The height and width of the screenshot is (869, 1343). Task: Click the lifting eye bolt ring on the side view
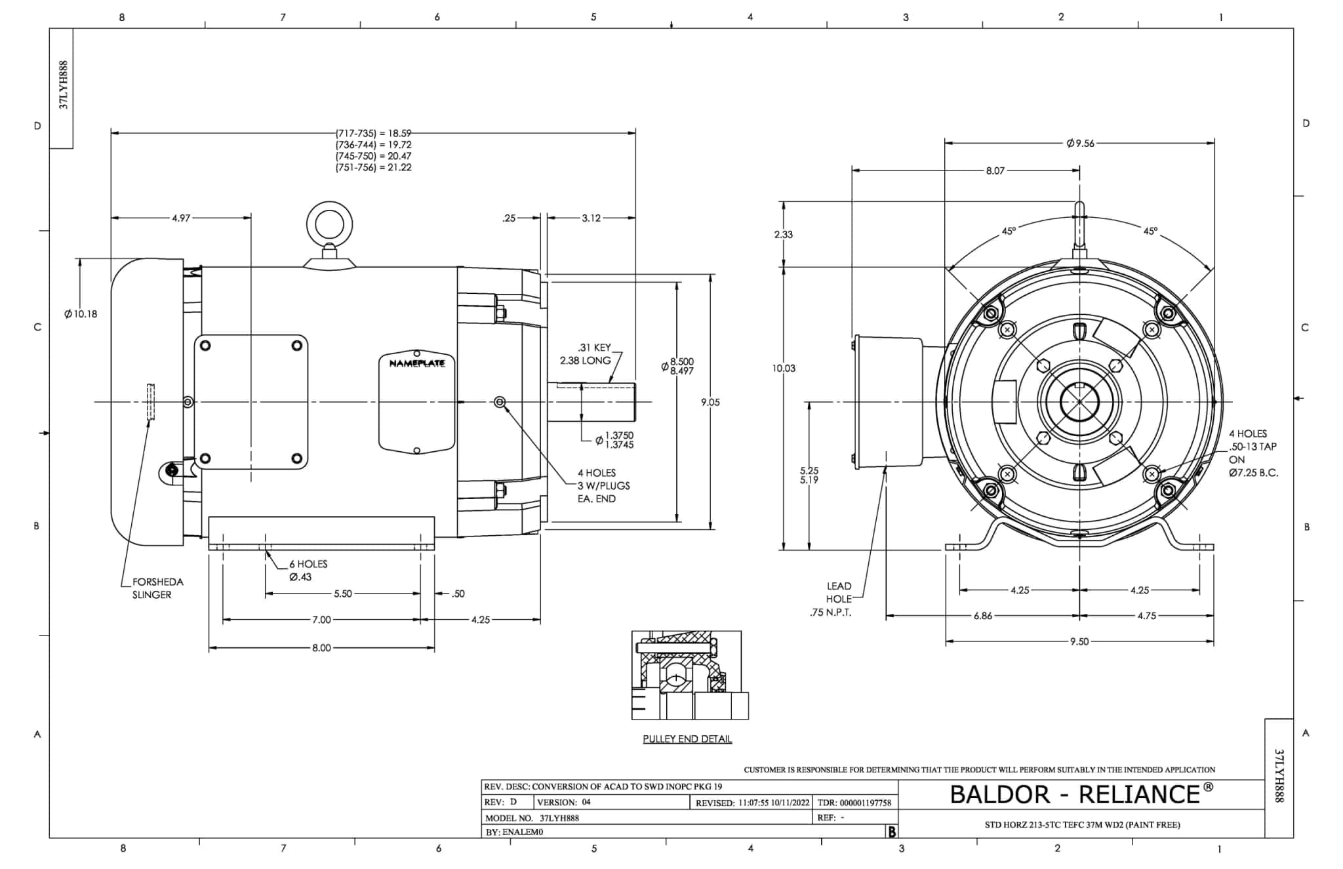329,224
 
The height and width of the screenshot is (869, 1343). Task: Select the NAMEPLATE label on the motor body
417,363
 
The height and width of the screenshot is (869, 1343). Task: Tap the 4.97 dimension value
181,218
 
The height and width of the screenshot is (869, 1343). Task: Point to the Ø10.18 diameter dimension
81,314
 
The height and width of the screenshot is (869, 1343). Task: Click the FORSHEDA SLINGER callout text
157,588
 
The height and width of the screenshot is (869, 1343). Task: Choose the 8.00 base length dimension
321,648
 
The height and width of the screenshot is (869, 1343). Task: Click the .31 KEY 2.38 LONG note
586,354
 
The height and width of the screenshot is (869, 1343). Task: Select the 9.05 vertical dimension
710,402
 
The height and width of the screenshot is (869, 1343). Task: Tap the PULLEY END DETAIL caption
687,739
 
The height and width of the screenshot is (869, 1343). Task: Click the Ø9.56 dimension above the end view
1080,143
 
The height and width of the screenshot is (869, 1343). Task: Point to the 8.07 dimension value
995,171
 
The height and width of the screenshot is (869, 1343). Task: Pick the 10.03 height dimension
784,369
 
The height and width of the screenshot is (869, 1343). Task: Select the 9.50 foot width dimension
1079,641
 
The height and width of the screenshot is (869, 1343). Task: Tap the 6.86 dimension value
982,616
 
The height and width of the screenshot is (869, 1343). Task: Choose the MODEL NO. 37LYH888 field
532,818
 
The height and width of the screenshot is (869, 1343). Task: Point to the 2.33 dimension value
784,234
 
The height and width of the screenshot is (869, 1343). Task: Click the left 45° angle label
1009,231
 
